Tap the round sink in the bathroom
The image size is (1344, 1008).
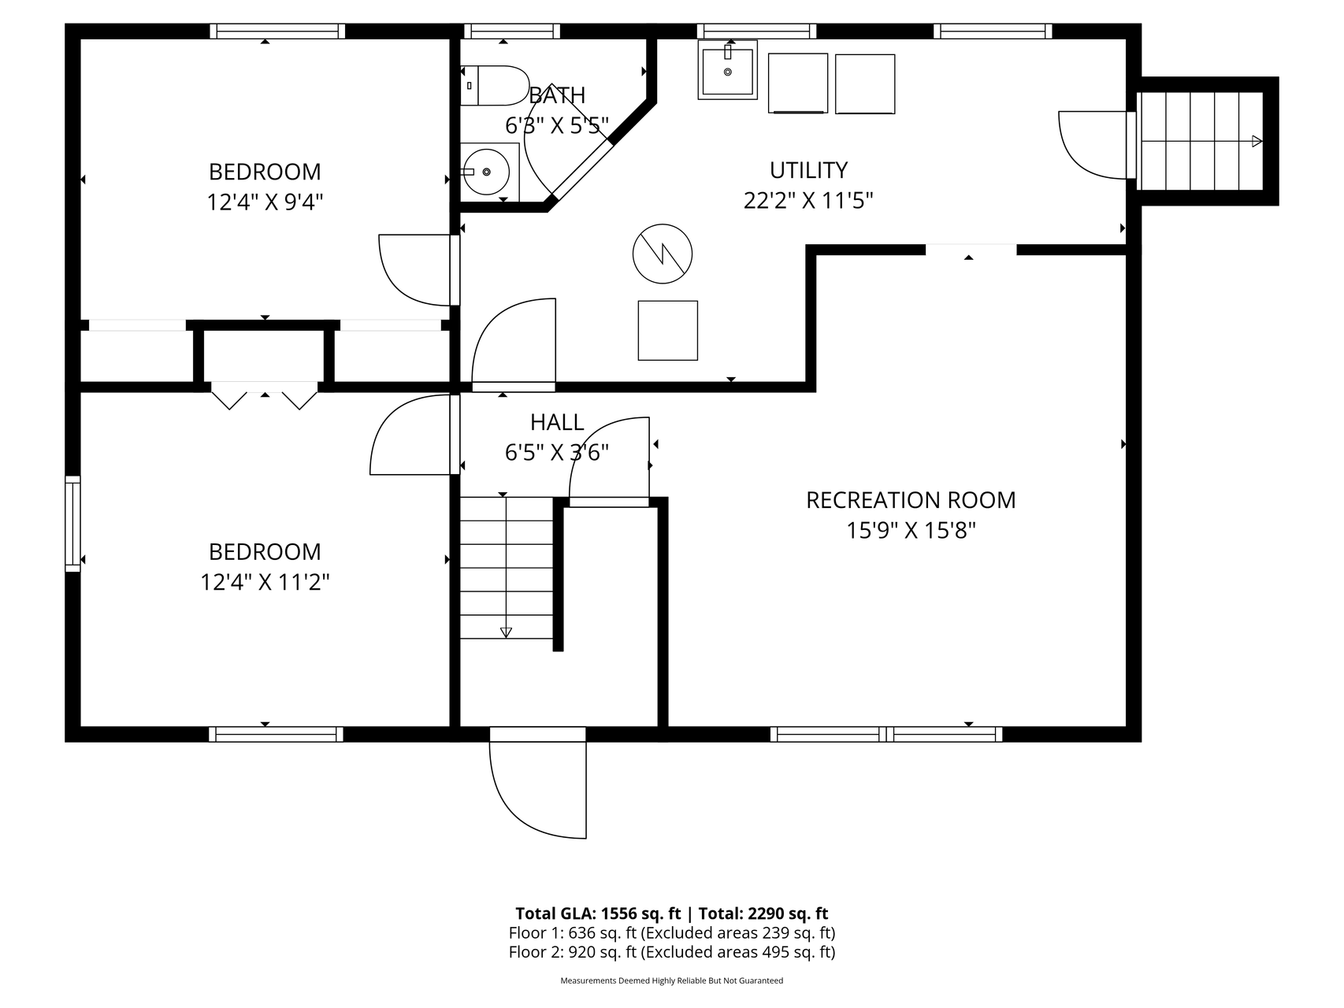486,172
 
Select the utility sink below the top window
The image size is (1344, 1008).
727,70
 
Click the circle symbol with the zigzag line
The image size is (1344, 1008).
663,254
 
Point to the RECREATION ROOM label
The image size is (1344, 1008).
911,500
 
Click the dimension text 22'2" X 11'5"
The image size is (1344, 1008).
808,201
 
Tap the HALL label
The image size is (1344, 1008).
557,423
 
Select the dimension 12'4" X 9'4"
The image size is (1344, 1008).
265,202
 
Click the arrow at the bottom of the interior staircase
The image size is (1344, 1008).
506,632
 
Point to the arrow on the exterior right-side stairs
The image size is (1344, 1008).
1257,142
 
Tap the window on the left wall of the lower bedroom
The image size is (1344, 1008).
72,524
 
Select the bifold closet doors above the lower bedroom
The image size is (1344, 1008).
265,395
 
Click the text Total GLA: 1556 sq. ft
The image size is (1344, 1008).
598,913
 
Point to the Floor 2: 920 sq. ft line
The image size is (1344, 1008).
672,951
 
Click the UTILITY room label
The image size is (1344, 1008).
808,170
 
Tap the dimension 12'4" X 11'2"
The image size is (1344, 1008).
265,583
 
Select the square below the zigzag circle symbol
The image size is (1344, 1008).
668,331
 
